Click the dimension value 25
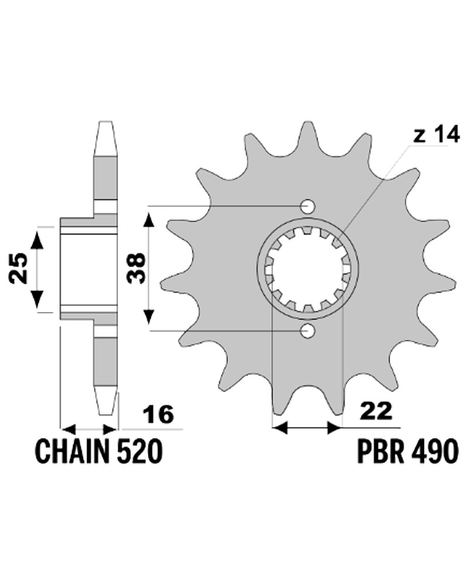[19, 269]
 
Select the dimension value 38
[136, 269]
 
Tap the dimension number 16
[159, 414]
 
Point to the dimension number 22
[376, 411]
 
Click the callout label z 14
[436, 136]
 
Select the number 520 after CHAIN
[138, 452]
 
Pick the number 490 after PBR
[434, 452]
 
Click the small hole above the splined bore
[308, 207]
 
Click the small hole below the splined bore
[308, 331]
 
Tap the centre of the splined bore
[307, 269]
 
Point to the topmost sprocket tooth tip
[307, 124]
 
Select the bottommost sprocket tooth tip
[307, 417]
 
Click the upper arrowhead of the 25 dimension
[37, 237]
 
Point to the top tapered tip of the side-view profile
[106, 123]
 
